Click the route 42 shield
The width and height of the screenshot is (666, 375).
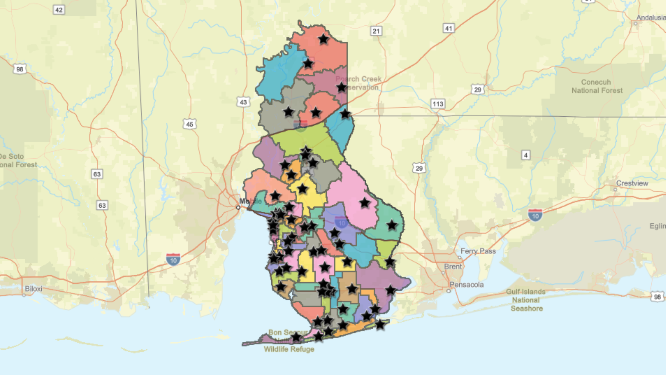[x=59, y=10]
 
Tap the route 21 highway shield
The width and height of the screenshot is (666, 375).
[x=376, y=31]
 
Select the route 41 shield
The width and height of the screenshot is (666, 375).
[x=449, y=28]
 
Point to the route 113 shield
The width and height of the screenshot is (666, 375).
[x=438, y=104]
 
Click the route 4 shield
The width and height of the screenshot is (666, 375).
[x=526, y=155]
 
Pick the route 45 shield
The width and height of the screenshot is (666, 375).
[x=189, y=124]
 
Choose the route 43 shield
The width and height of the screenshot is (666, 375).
[x=243, y=102]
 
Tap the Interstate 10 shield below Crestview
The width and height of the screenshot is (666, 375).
[x=535, y=215]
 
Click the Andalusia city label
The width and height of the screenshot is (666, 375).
[x=651, y=18]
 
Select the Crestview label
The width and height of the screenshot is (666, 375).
[x=632, y=183]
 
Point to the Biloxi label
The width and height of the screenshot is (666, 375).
[x=34, y=289]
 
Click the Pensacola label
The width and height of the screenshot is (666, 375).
[x=467, y=285]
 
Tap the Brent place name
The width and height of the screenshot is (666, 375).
[x=453, y=267]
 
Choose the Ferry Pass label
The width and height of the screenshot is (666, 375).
[x=478, y=251]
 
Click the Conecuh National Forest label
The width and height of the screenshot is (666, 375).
[x=597, y=86]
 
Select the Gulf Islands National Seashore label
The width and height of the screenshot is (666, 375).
[x=526, y=300]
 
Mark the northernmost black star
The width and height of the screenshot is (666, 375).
[x=323, y=39]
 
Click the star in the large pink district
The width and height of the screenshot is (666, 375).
[x=365, y=203]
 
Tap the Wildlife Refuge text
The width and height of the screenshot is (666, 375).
[x=289, y=349]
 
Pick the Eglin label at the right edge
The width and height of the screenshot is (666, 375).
[x=657, y=226]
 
